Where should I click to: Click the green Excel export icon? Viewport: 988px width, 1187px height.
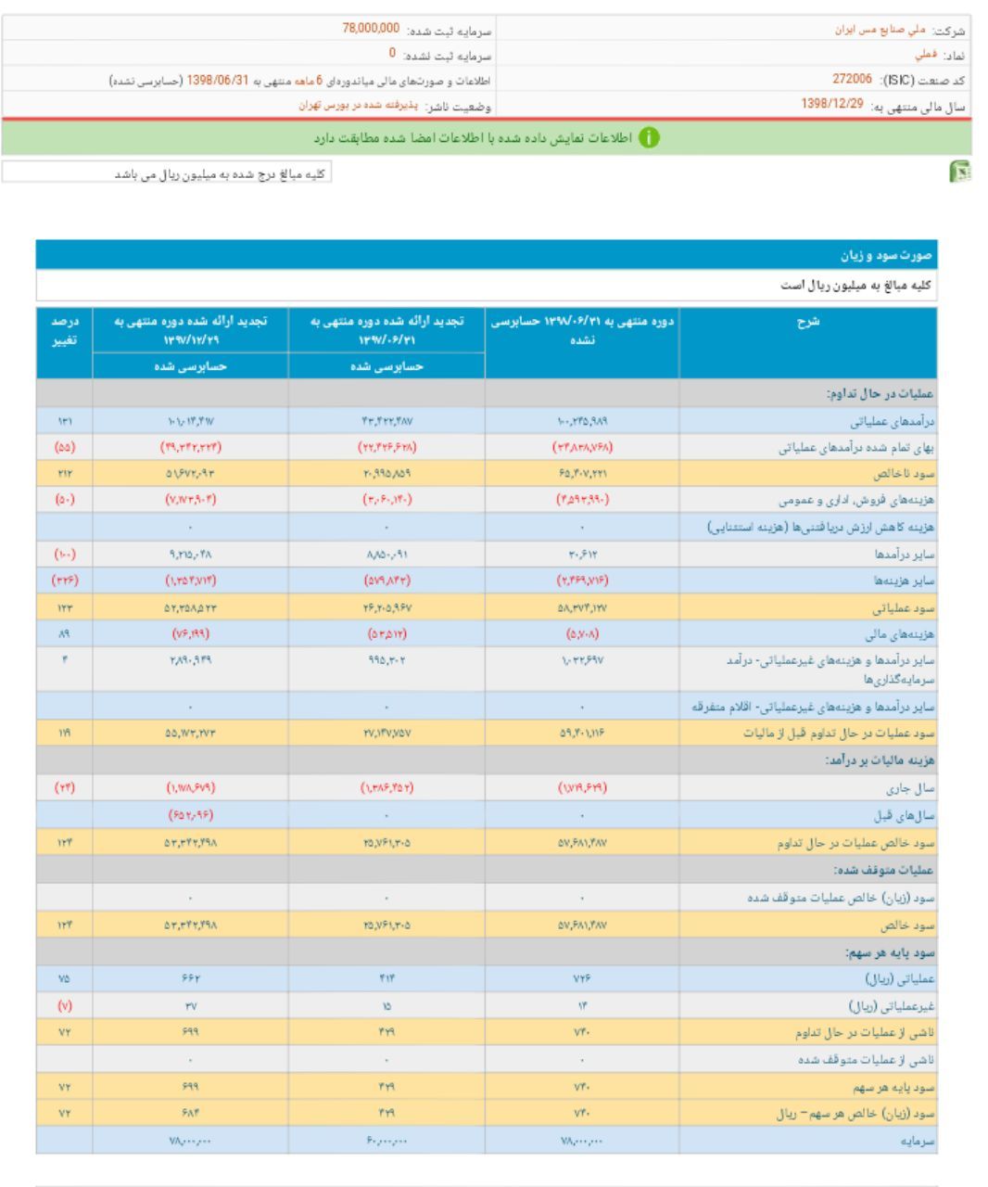(x=962, y=173)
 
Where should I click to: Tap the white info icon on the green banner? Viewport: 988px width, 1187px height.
(x=653, y=138)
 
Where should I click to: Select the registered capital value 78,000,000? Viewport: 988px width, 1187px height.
(x=372, y=29)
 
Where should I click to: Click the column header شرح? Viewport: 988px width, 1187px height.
(x=807, y=322)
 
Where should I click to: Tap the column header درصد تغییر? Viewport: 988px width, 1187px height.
(x=64, y=329)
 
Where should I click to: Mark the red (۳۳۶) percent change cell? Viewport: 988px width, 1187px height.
(x=64, y=581)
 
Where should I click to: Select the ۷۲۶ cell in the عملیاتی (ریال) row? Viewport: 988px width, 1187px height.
(x=581, y=978)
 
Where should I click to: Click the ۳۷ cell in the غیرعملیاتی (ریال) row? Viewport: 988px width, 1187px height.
(x=191, y=1005)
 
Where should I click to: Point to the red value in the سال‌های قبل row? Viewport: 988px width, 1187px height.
(x=191, y=816)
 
